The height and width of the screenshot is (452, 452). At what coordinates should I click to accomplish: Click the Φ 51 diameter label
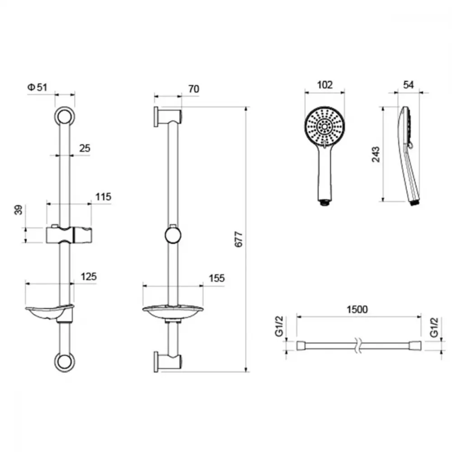[37, 87]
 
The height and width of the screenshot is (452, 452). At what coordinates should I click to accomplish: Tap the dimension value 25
[85, 148]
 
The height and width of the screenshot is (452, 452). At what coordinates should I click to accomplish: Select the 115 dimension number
[103, 197]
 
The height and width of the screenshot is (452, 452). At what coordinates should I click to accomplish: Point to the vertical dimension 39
[18, 210]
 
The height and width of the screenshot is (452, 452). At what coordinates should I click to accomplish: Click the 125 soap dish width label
[89, 277]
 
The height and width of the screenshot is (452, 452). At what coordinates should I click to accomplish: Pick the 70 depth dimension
[194, 89]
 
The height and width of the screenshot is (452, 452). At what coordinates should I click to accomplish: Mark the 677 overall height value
[239, 239]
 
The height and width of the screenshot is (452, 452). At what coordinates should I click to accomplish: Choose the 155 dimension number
[217, 278]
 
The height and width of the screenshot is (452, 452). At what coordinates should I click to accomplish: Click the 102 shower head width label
[325, 85]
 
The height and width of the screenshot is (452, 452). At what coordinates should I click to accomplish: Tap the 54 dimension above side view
[409, 85]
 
